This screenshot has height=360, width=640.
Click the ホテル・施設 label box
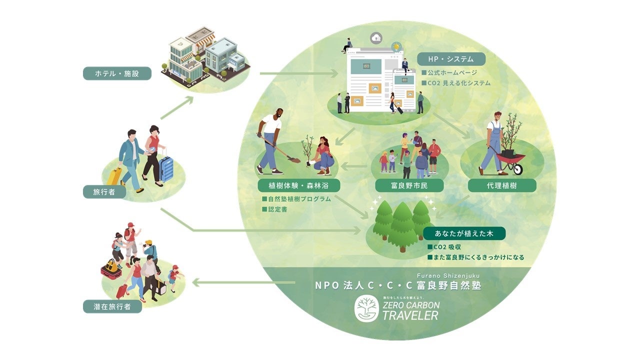[117, 74]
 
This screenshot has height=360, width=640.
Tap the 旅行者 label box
[104, 191]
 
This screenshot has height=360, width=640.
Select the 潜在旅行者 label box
[112, 306]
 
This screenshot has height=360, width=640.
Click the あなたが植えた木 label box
[464, 233]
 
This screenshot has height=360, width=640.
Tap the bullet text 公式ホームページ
[452, 73]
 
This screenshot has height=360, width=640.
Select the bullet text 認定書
[277, 209]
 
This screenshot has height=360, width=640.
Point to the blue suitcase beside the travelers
[166, 168]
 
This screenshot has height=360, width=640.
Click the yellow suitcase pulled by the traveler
[114, 176]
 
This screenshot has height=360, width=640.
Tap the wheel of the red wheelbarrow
[516, 168]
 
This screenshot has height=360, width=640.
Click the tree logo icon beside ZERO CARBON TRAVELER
[367, 308]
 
